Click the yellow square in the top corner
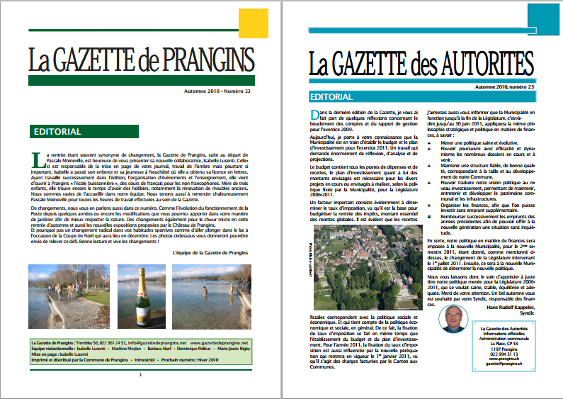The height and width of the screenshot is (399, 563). click(254, 26)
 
